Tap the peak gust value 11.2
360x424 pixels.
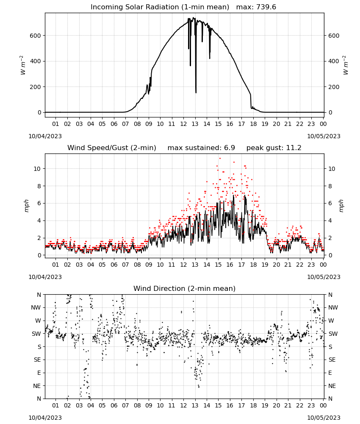(294, 148)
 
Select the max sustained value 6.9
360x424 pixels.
(229, 148)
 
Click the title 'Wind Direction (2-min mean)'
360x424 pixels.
(185, 288)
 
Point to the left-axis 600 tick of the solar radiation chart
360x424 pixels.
(36, 36)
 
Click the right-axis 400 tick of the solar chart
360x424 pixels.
(334, 61)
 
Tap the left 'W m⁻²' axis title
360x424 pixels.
(23, 65)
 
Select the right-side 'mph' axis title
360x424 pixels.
(341, 206)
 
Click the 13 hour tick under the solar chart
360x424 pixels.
(195, 124)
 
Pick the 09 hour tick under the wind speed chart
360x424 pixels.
(149, 265)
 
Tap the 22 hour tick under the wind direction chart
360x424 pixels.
(299, 405)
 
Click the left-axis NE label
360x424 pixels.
(37, 386)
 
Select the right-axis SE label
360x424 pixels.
(332, 360)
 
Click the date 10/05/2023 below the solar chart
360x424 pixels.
(324, 136)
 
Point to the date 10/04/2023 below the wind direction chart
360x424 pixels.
(45, 418)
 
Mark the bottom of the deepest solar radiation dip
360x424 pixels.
(196, 93)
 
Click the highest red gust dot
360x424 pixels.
(220, 158)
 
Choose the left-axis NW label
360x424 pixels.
(36, 307)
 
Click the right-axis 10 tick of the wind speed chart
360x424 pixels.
(332, 169)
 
